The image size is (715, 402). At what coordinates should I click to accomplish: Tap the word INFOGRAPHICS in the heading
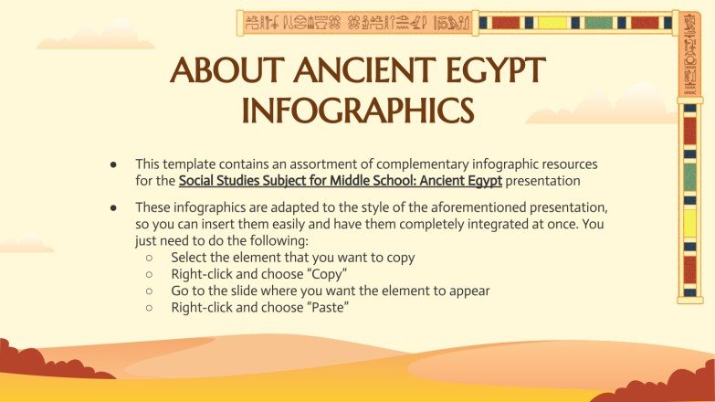357,111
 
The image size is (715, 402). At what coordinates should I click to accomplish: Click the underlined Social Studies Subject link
341,180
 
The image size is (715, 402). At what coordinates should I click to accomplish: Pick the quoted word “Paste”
329,307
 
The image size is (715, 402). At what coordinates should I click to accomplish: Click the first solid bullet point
113,164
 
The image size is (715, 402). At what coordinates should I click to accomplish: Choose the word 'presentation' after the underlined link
543,180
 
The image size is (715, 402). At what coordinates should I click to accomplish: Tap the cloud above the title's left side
95,37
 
